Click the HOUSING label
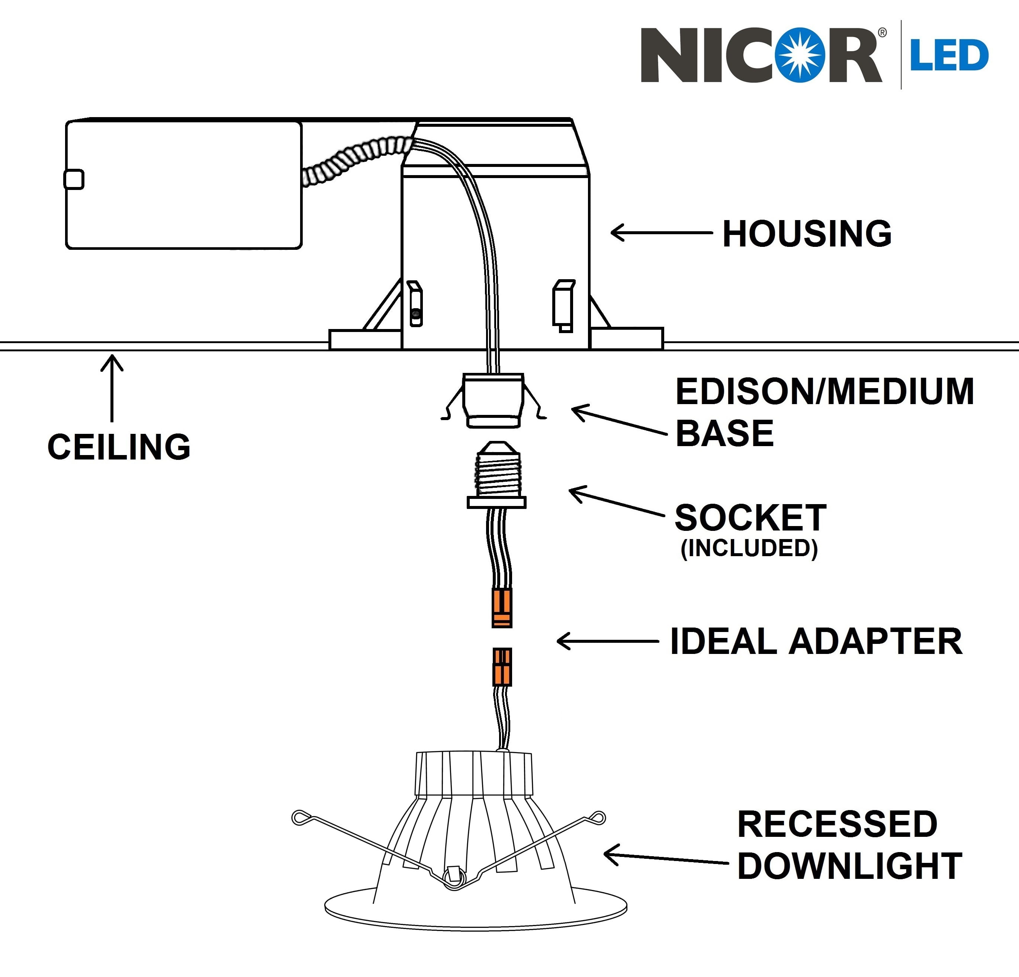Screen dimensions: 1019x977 point(807,233)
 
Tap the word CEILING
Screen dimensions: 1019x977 point(119,446)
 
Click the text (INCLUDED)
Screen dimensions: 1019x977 point(749,548)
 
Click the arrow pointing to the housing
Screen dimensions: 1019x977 point(661,232)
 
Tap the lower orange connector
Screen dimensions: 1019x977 point(502,667)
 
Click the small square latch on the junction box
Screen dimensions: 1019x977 point(74,179)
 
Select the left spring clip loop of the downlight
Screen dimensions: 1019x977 point(300,818)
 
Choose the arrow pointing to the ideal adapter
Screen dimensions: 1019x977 point(608,641)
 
